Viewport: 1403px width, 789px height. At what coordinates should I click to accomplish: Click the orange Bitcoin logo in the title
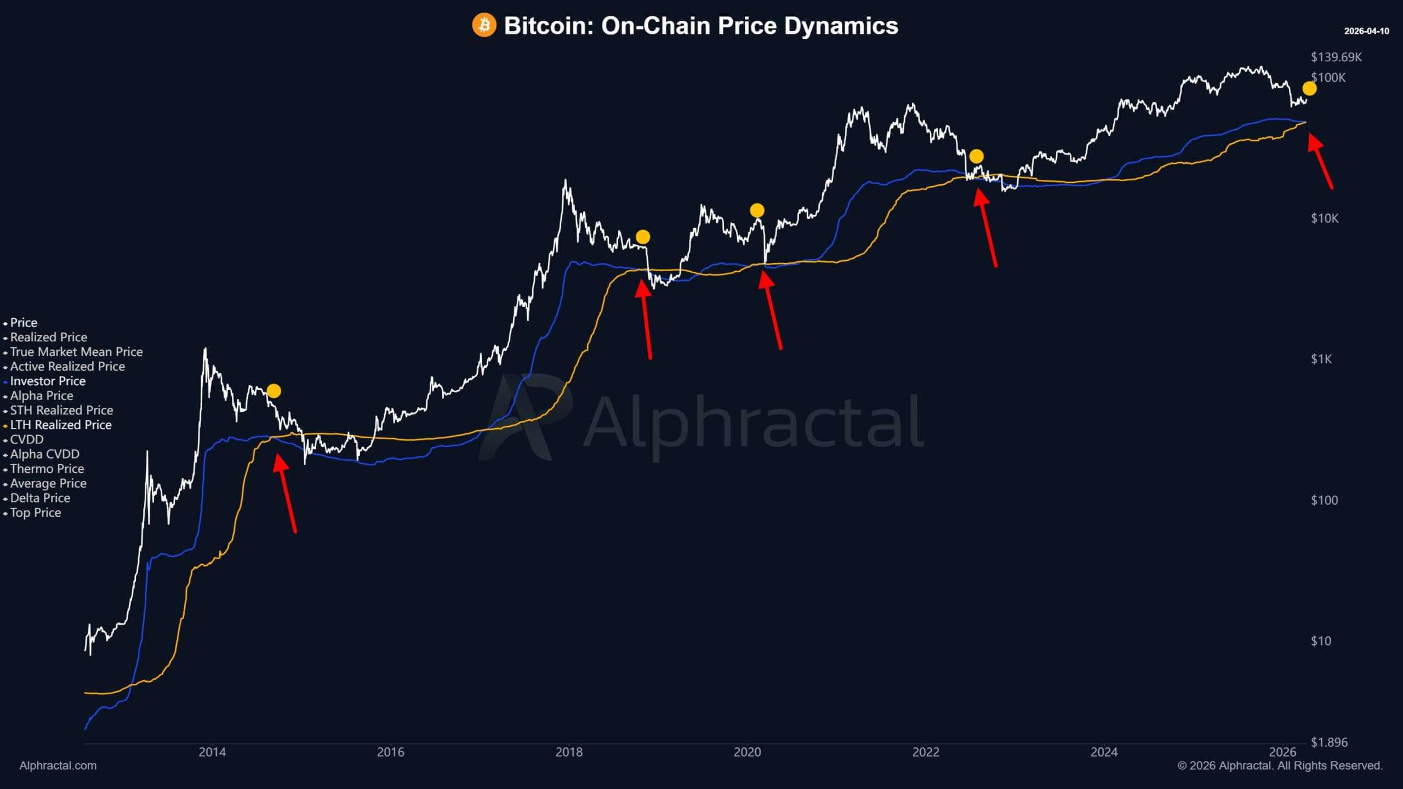(484, 25)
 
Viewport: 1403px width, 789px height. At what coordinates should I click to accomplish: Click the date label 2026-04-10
(1366, 31)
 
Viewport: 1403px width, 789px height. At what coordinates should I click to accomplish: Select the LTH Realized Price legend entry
(60, 425)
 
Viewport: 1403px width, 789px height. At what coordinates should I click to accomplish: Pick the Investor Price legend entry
(48, 381)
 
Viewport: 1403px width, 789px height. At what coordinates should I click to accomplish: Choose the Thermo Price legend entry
(47, 469)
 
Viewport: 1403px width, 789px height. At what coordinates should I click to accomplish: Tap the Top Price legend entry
(35, 513)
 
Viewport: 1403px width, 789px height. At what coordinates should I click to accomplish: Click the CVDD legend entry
(26, 440)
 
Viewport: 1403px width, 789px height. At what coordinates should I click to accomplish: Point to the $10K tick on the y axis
(1324, 219)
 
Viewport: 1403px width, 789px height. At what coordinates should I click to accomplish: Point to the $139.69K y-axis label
(1336, 57)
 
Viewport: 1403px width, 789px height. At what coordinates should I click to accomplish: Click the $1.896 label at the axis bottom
(1328, 742)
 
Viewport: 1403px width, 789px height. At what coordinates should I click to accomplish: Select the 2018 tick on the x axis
(569, 752)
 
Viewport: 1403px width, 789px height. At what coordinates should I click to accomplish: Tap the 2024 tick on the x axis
(1104, 752)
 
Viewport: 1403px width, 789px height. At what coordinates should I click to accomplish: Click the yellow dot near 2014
(273, 391)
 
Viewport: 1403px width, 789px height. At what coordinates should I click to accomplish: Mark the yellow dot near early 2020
(757, 210)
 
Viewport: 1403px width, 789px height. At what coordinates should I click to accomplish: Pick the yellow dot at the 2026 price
(1309, 88)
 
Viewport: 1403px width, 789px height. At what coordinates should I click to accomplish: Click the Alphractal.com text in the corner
(58, 766)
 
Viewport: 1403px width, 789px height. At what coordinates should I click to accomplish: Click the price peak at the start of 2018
(565, 181)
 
